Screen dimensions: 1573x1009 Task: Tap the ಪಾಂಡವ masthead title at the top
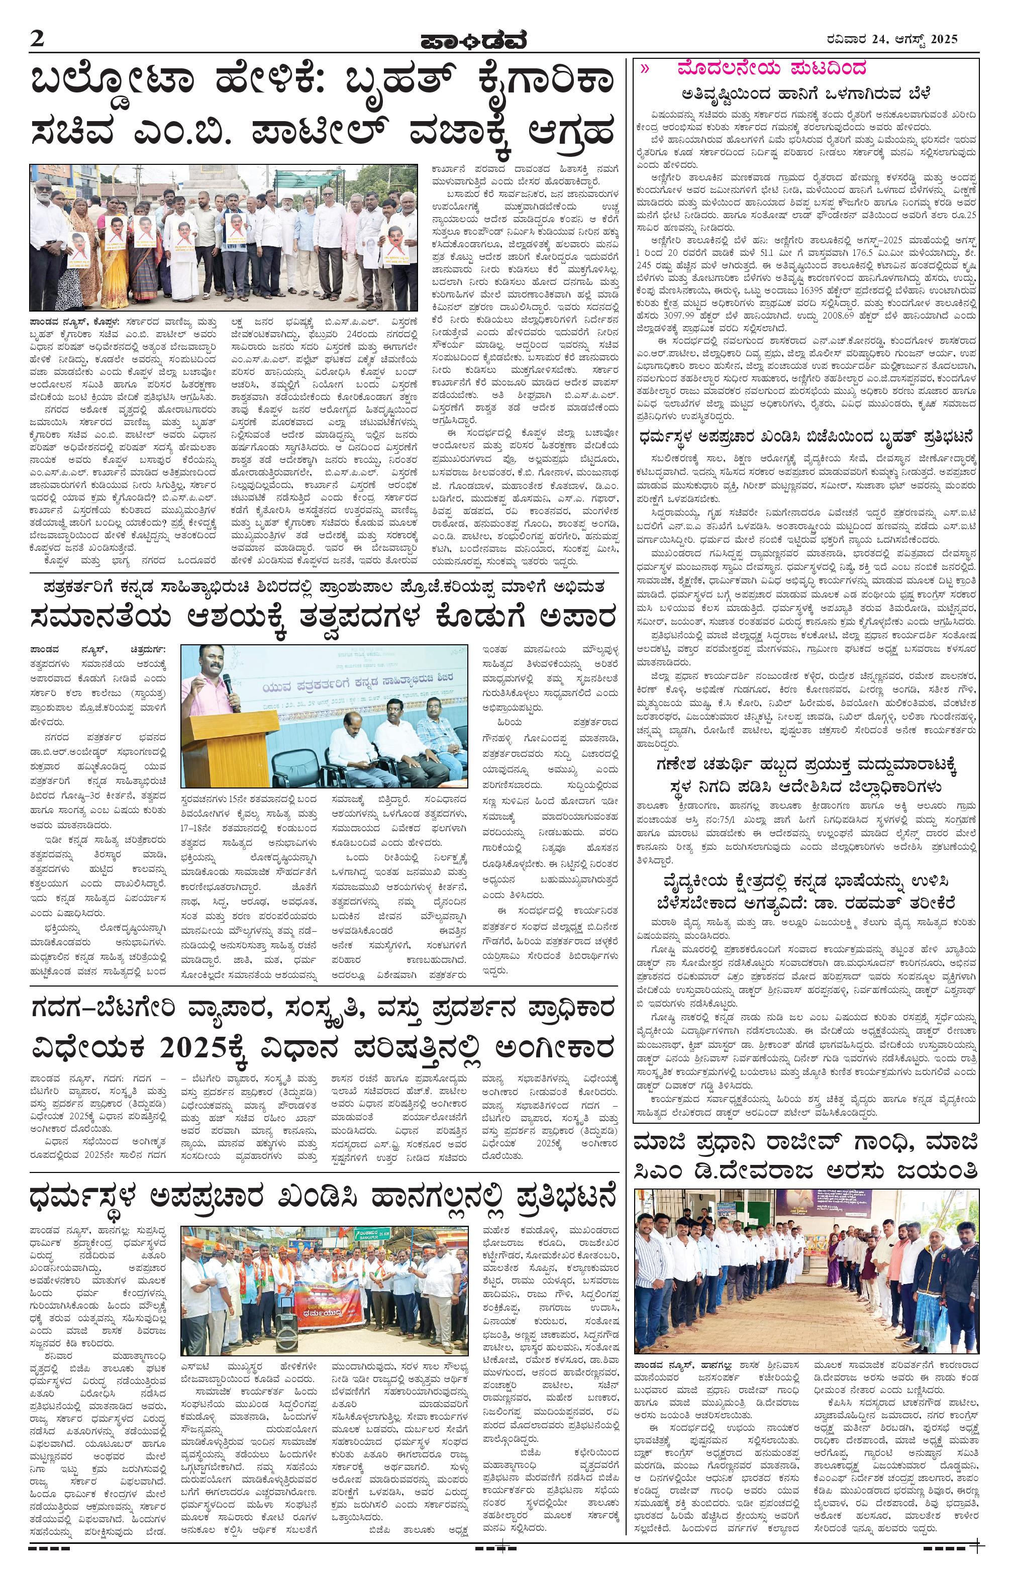pyautogui.click(x=472, y=41)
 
